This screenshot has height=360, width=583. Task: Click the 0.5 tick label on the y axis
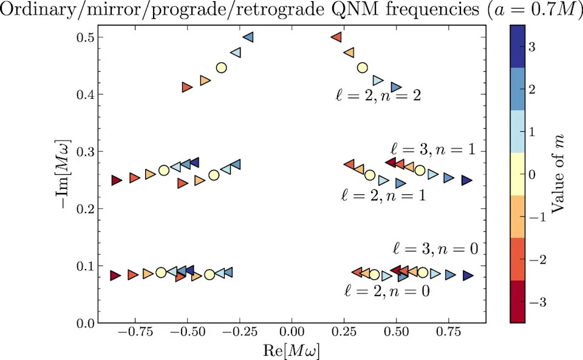coord(84,38)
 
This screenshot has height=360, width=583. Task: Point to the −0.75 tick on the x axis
coord(135,323)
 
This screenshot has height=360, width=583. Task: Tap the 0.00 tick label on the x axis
coord(292,331)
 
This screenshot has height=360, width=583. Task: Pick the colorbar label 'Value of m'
coord(557,174)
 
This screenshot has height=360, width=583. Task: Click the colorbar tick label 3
coord(532,47)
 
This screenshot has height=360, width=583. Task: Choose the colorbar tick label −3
coord(537,302)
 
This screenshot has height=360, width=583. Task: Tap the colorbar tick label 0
coord(533,175)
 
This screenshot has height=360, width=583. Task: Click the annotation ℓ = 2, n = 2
coord(378,96)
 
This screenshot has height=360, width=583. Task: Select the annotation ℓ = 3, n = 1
coord(433,149)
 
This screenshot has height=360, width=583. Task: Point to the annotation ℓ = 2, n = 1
coord(383,195)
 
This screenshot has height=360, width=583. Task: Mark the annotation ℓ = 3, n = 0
coord(435,248)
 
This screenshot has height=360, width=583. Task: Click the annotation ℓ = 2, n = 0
coord(387,290)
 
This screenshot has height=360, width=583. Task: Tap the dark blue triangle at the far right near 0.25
coord(466,180)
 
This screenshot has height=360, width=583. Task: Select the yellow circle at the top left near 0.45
coord(221,67)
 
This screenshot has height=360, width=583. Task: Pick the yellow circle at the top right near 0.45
coord(362,67)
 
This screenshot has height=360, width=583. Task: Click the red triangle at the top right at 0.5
coord(336,37)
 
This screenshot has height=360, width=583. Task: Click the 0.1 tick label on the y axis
coord(84,267)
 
